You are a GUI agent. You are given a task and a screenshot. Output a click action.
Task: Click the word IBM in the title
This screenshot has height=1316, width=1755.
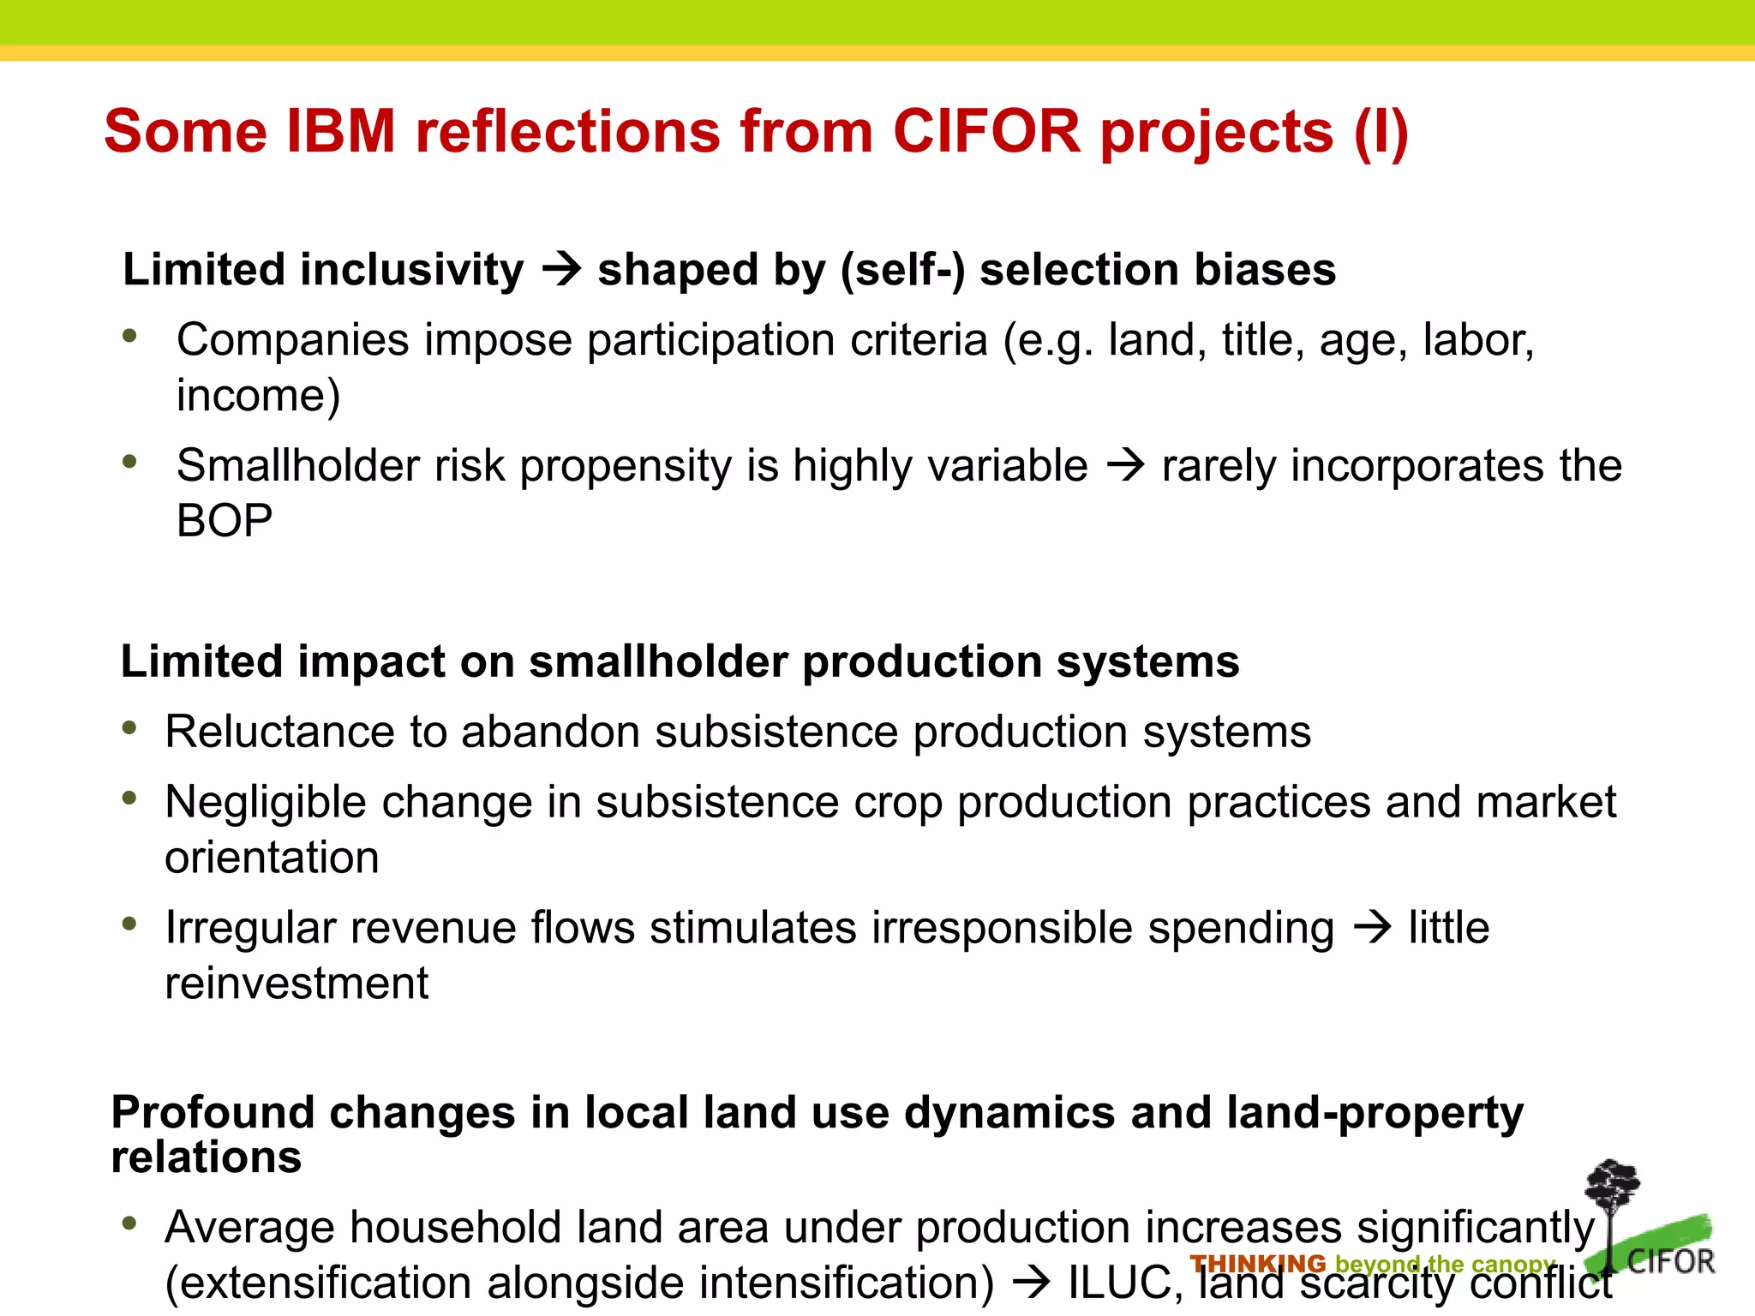pos(340,132)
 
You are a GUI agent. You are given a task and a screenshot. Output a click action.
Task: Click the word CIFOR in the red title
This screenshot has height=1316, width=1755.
pos(986,132)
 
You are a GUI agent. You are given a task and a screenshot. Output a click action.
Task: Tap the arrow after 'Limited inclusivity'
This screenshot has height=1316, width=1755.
pos(561,271)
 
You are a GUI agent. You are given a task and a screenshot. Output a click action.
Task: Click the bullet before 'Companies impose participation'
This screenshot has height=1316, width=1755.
pos(130,336)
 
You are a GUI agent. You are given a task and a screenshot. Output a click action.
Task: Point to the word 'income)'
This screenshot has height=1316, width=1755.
pos(258,396)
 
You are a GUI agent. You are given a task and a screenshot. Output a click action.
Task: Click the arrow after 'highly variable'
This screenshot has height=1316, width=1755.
pos(1125,466)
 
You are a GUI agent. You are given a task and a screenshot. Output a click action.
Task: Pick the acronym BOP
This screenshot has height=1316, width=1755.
pos(225,521)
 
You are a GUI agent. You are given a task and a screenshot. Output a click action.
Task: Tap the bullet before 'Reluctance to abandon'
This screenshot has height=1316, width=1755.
pos(130,728)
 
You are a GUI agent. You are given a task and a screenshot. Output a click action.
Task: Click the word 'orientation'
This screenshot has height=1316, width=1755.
pos(272,858)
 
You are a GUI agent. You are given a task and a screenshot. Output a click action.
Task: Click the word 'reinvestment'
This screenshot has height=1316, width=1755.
pos(296,984)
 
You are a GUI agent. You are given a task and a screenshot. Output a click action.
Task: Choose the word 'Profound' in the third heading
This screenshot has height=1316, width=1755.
pos(213,1113)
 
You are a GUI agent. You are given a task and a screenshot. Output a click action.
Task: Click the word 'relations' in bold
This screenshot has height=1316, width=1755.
pos(207,1157)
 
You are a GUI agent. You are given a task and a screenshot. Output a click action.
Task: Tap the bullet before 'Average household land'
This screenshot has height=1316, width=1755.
pos(130,1223)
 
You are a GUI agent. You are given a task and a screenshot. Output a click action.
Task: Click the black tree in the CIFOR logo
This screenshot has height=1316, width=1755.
pos(1612,1199)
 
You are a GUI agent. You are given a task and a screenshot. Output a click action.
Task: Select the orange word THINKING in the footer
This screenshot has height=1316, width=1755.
pos(1257,1264)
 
